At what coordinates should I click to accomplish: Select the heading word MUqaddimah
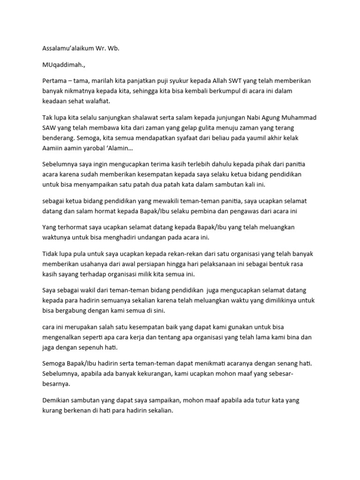point(60,65)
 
